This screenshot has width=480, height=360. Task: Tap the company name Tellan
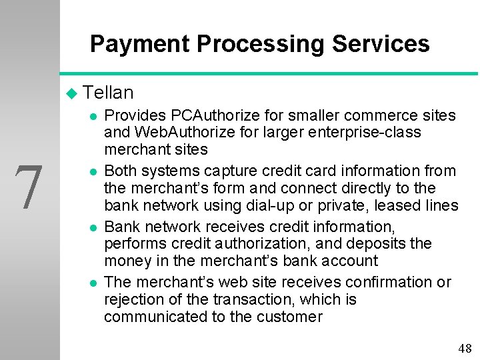tap(109, 93)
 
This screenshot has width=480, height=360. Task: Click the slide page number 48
tap(465, 348)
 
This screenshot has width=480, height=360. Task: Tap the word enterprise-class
tap(361, 132)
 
